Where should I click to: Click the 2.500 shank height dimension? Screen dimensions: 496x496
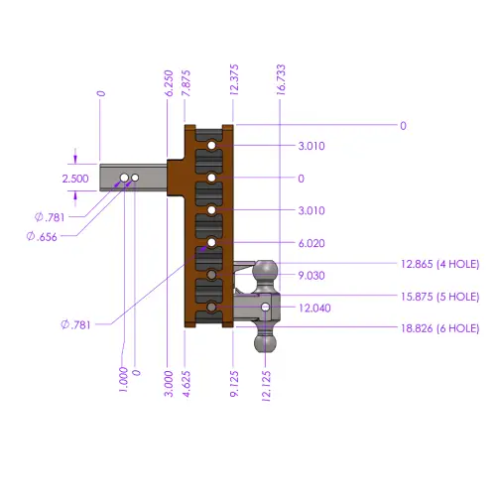75,179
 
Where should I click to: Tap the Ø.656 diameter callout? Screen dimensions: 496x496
42,237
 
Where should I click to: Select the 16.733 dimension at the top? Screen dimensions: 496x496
281,80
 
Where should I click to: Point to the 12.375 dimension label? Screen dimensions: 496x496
234,80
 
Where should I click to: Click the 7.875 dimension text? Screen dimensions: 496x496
186,83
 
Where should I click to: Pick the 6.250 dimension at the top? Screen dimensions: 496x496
169,83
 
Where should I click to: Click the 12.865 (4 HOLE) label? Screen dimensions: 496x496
440,264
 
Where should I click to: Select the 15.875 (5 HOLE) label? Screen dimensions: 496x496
440,297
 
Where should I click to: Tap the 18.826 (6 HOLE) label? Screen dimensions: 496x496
440,328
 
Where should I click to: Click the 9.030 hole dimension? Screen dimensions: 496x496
311,276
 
